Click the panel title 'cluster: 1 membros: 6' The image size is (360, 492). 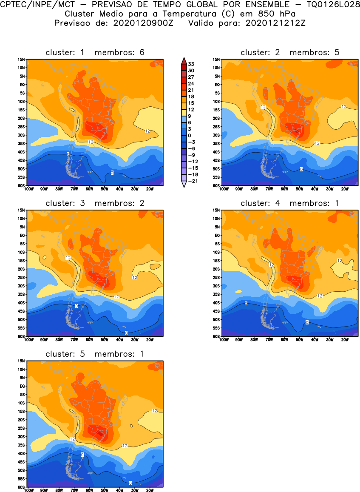pos(95,52)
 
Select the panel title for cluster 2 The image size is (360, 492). pos(290,52)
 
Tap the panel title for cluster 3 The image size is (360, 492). pos(95,203)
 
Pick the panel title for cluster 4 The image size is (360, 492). pos(290,203)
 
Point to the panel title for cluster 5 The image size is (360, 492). pos(95,354)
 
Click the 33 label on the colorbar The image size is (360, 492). pos(191,64)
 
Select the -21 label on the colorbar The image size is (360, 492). pos(193,181)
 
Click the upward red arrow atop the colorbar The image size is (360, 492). pos(183,60)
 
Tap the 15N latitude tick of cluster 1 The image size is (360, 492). pos(21,60)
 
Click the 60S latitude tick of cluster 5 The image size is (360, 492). pos(21,487)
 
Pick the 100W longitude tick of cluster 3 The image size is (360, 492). pos(29,340)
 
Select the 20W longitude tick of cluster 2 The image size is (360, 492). pos(345,189)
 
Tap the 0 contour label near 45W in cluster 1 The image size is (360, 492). pos(112,172)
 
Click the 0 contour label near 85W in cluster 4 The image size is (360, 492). pos(246,303)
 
